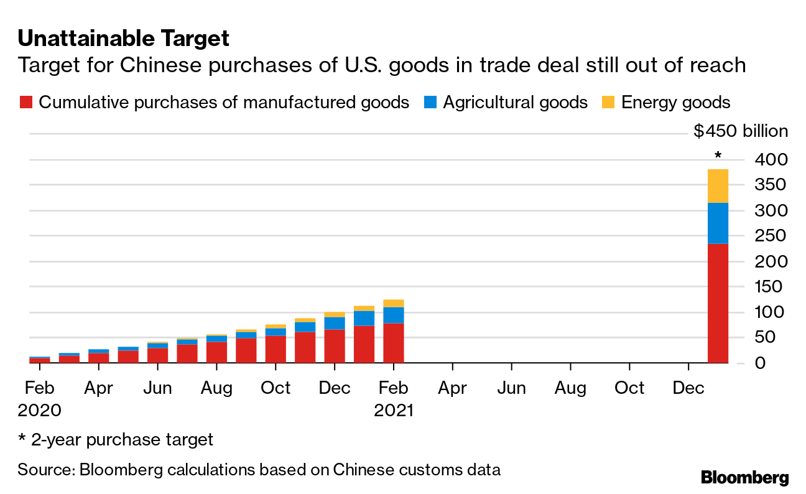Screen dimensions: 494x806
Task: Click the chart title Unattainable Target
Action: click(x=123, y=39)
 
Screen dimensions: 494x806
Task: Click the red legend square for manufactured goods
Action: click(x=25, y=103)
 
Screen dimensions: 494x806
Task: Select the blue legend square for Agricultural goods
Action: click(x=430, y=103)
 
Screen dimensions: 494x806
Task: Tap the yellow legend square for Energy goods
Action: click(x=609, y=103)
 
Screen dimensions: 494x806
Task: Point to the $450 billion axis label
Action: click(x=741, y=131)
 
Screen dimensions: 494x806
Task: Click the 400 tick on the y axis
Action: click(x=771, y=160)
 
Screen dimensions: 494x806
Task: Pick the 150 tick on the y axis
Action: click(x=771, y=287)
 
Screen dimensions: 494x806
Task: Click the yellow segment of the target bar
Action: click(x=718, y=186)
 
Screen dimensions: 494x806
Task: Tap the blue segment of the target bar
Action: click(x=718, y=223)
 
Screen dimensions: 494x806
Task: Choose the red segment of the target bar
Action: click(x=718, y=303)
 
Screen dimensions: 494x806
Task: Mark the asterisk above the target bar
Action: click(x=718, y=156)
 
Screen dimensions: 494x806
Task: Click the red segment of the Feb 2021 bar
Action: click(x=394, y=343)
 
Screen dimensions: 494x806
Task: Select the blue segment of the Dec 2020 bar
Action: click(x=335, y=323)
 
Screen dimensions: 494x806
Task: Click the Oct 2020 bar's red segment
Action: click(x=276, y=349)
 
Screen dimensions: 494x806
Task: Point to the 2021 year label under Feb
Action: click(x=394, y=411)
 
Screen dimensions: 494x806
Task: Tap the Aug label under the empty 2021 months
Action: click(x=570, y=388)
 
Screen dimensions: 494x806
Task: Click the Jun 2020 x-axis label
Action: click(x=157, y=388)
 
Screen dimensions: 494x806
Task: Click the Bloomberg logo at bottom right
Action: click(x=744, y=478)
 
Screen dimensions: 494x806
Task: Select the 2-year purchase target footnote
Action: click(x=115, y=440)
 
